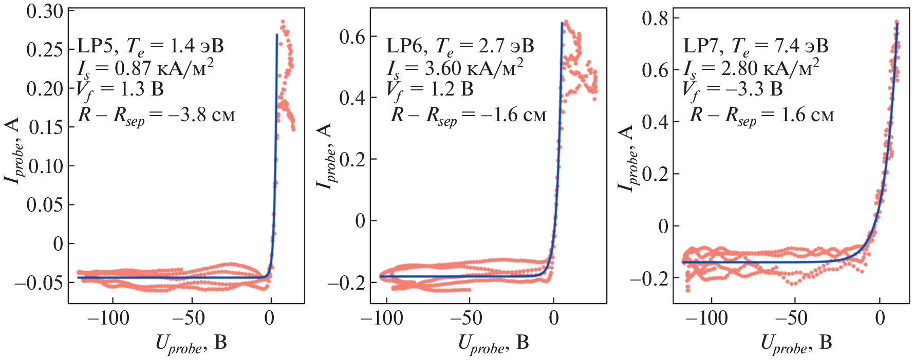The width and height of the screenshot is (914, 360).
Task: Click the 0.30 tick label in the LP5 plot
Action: pos(45,11)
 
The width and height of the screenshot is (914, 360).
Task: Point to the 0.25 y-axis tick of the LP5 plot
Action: pos(45,50)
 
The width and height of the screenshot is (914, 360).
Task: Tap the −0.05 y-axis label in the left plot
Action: pos(39,282)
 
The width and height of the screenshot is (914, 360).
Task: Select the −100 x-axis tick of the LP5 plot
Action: pos(108,318)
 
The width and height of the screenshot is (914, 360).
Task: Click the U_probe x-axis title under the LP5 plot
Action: pos(191,343)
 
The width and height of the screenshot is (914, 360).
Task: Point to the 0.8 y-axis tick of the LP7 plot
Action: pos(655,19)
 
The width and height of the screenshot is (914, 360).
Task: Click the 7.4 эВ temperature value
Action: pos(801,46)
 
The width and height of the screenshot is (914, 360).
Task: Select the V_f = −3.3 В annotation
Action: pos(732,89)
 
